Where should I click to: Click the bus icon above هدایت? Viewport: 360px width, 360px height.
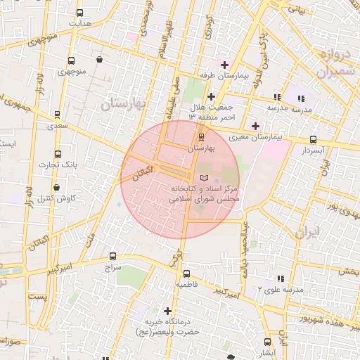(79, 13)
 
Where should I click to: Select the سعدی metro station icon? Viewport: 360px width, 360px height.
(57, 114)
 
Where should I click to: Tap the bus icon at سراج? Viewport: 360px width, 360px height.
(113, 257)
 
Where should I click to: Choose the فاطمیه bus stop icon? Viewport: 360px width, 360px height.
(186, 274)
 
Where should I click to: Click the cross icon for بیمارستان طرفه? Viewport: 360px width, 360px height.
(224, 65)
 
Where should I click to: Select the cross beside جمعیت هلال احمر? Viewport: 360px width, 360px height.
(210, 96)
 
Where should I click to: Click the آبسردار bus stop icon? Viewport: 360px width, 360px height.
(313, 139)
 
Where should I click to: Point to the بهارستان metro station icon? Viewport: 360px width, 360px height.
(202, 137)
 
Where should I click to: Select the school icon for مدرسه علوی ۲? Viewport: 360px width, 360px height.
(282, 279)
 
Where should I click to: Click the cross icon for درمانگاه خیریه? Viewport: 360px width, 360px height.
(167, 310)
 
